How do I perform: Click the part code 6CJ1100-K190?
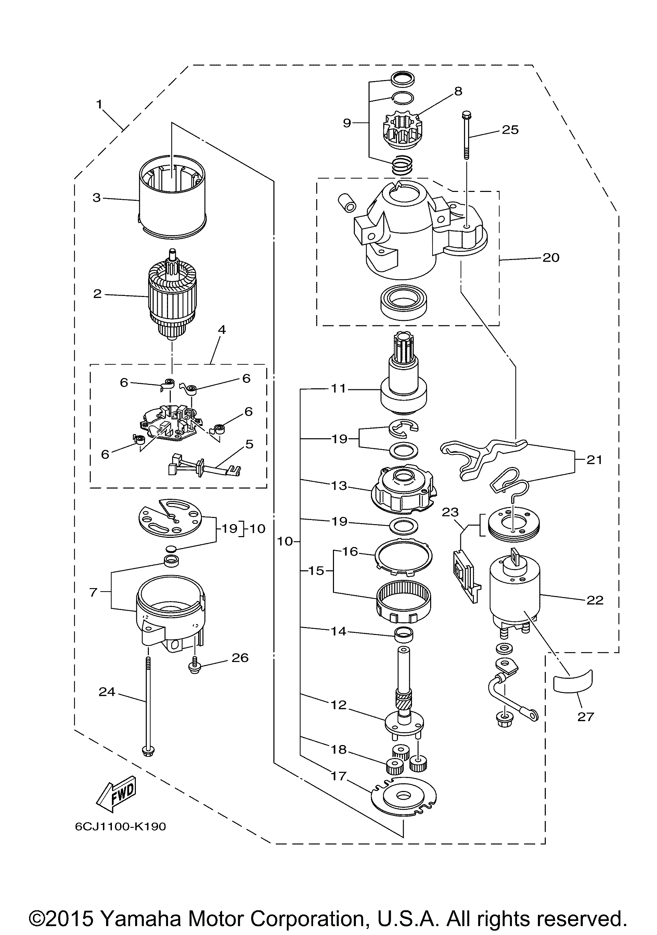click(120, 826)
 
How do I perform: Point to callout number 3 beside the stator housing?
click(96, 198)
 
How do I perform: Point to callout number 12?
click(338, 705)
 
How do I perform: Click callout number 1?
click(99, 104)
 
